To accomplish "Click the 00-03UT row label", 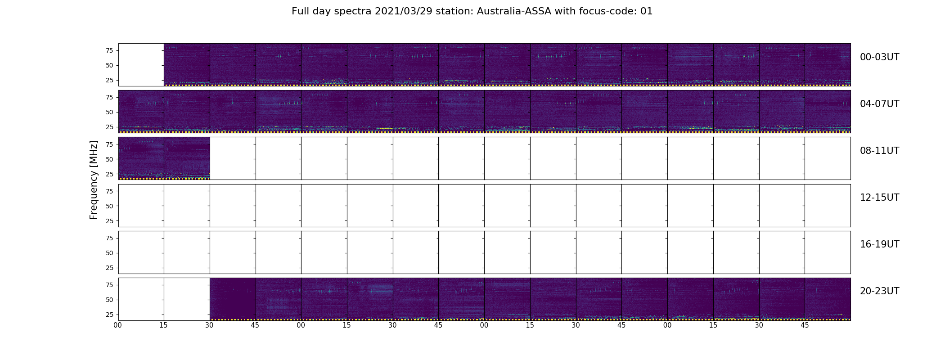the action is click(879, 57).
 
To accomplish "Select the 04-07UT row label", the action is click(879, 104).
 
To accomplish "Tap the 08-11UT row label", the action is click(879, 151).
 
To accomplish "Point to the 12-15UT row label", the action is click(879, 198).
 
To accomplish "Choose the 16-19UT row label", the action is click(879, 244).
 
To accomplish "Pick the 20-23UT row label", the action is click(879, 291).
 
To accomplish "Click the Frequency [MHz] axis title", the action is click(94, 180).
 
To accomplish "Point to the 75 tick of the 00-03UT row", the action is click(109, 50).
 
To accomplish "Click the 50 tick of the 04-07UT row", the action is click(109, 112).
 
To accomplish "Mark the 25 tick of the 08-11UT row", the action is click(109, 174).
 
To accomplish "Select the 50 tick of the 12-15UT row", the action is click(109, 206).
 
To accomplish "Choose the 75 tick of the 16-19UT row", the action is click(109, 238).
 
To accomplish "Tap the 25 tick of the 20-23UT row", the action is click(109, 315).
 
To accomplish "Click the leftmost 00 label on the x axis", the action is click(118, 325).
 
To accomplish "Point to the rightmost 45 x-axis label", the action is click(805, 325).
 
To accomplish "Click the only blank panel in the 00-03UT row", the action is click(141, 65).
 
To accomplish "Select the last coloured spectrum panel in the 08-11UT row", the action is click(187, 158).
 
